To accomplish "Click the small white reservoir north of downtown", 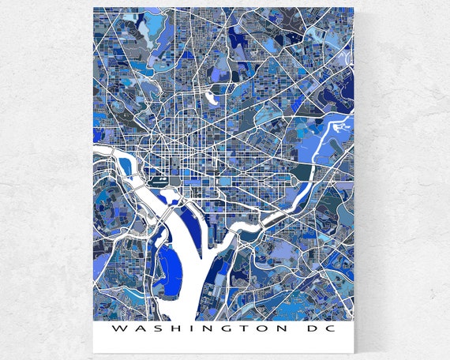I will pyautogui.click(x=212, y=99).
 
